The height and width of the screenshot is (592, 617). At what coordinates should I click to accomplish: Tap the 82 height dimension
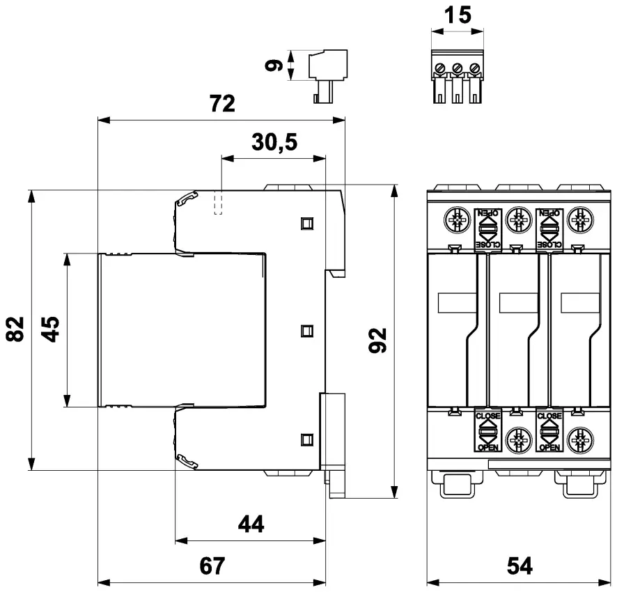[x=16, y=329]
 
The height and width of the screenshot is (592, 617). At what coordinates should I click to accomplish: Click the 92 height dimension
[x=377, y=341]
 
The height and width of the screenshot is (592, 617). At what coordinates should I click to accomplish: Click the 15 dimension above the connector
[x=457, y=15]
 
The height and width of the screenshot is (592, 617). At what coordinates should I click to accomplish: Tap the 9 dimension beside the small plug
[x=276, y=65]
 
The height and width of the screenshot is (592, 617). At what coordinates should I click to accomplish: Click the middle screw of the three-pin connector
[x=457, y=68]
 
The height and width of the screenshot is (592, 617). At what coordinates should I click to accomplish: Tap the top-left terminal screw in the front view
[x=456, y=221]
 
